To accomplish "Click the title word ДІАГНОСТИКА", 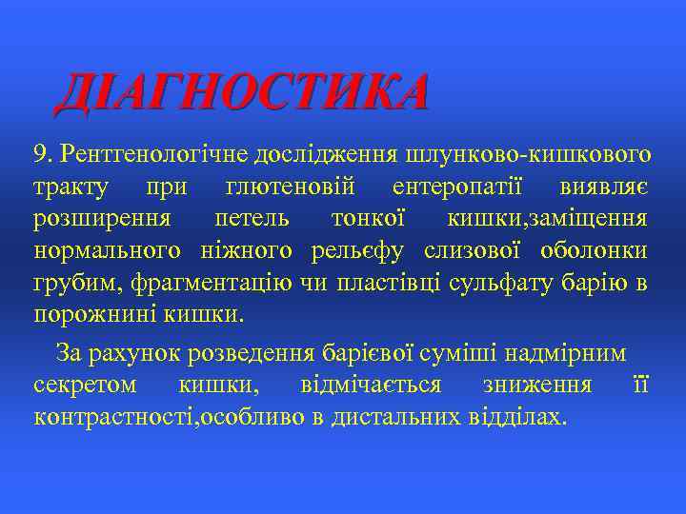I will (x=242, y=92).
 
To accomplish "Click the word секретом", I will (x=85, y=385).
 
